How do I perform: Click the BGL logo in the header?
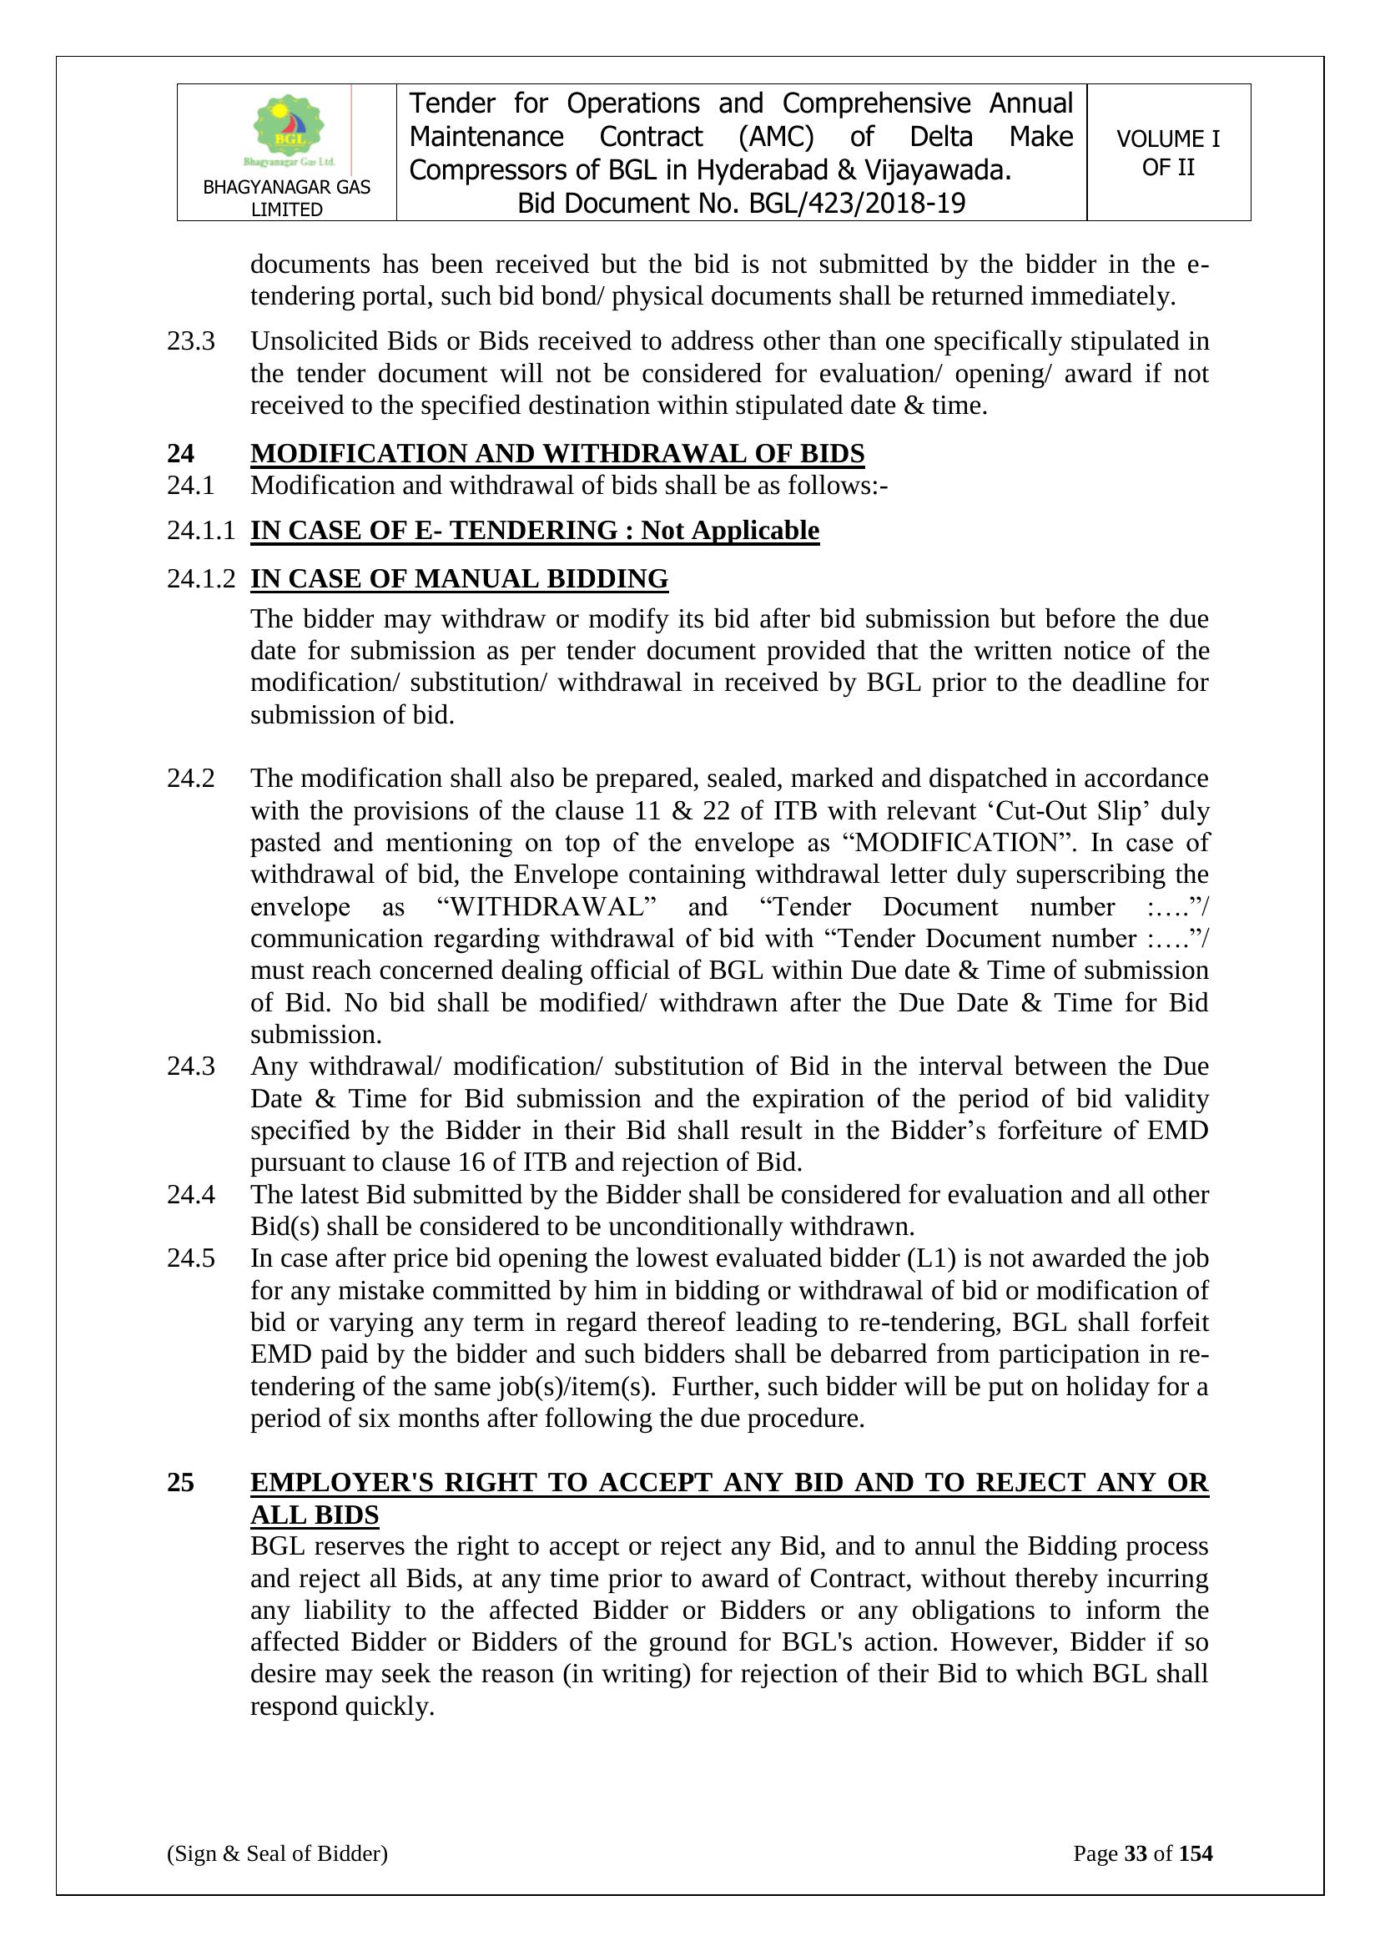pos(288,129)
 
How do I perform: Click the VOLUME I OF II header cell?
pos(1167,153)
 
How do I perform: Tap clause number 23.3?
pos(190,341)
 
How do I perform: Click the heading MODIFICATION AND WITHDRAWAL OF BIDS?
pos(557,454)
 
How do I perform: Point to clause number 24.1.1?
pos(200,531)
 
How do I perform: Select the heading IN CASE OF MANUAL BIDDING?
pos(459,579)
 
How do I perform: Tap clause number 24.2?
pos(190,779)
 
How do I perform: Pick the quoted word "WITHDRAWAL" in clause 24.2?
pos(547,907)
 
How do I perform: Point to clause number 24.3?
pos(190,1066)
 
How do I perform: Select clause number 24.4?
pos(190,1195)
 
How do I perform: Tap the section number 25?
pos(180,1483)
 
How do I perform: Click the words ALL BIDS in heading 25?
pos(315,1515)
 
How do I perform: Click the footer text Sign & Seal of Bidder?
pos(277,1853)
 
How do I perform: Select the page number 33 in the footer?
pos(1136,1853)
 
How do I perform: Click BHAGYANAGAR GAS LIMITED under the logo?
pos(286,198)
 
